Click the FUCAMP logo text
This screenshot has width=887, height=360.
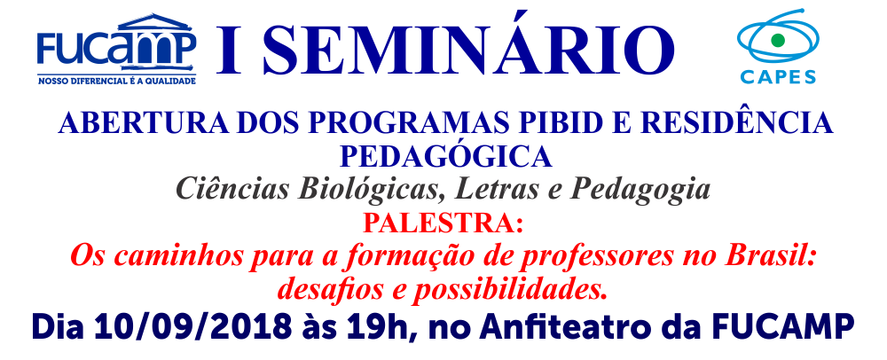click(116, 47)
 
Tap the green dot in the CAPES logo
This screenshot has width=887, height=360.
click(778, 40)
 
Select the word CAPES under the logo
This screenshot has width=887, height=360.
click(778, 76)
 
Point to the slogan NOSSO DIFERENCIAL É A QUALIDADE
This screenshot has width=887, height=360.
click(116, 81)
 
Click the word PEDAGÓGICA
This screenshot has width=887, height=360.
click(445, 157)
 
